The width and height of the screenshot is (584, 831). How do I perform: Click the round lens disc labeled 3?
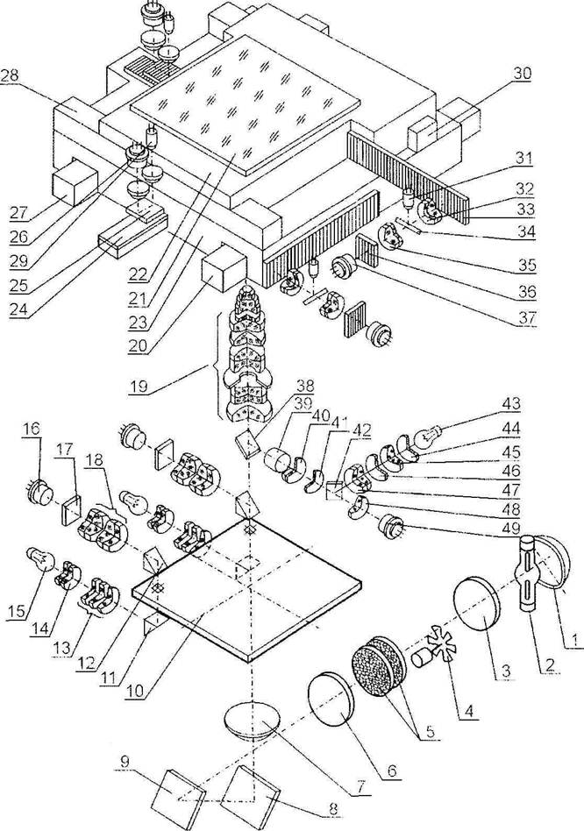(477, 607)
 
